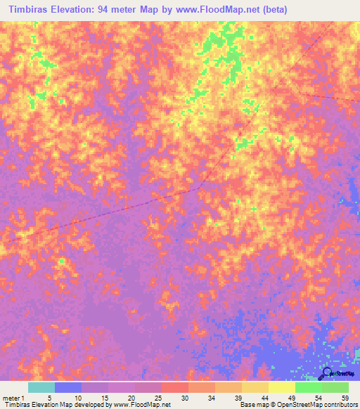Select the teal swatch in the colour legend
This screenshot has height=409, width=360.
tap(41, 387)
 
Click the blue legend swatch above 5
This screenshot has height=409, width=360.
tap(68, 387)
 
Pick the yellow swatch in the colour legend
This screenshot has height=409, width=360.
tap(281, 387)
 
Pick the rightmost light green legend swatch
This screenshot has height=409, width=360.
tap(335, 387)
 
